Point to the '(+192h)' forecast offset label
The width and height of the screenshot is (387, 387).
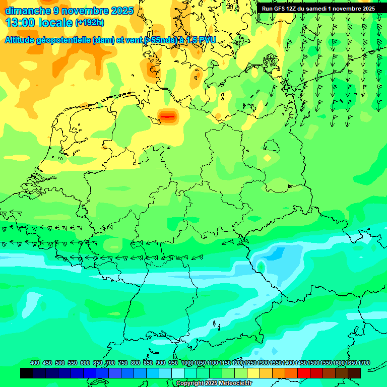point(89,23)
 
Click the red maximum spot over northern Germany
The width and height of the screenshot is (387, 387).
point(167,116)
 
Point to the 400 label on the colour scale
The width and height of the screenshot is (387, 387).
point(35,363)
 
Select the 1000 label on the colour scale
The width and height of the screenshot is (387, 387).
point(187,363)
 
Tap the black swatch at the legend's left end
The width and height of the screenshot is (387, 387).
point(27,373)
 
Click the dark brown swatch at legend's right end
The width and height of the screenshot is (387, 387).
point(354,373)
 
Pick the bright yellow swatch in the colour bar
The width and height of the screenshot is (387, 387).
point(253,373)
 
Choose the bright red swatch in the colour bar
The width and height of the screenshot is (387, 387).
point(304,373)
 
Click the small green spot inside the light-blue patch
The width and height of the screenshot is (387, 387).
point(261,266)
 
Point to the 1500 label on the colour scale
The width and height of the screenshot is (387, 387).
point(313,363)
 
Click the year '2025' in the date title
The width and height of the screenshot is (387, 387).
point(122,10)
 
